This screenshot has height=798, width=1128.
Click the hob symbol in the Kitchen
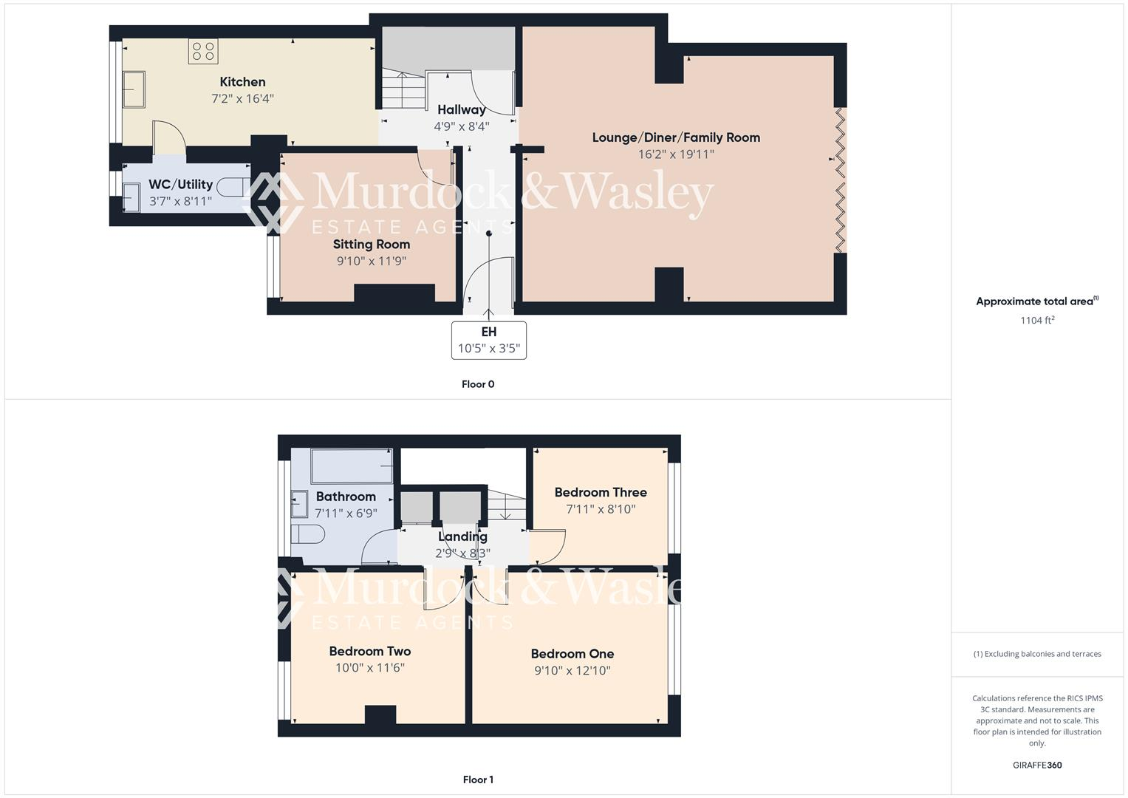[x=203, y=51]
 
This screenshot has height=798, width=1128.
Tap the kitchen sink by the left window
[x=134, y=89]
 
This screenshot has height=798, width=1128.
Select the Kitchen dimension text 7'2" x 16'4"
[x=242, y=98]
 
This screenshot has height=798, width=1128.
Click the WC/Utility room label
[x=180, y=184]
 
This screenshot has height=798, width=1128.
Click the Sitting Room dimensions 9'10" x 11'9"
[x=372, y=261]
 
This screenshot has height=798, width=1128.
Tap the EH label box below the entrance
[x=488, y=341]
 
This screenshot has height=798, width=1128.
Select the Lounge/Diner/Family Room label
[x=676, y=137]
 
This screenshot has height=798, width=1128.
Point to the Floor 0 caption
[x=478, y=384]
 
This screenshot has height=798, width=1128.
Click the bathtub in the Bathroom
[x=352, y=466]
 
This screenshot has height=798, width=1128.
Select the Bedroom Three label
[x=601, y=492]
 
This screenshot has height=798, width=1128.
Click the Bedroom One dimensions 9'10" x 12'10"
[x=572, y=671]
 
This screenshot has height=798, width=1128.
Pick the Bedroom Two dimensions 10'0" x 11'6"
[x=370, y=668]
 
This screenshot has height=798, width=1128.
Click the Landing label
[x=462, y=537]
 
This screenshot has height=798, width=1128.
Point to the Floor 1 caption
[x=478, y=780]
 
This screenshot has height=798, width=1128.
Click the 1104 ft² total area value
[x=1036, y=320]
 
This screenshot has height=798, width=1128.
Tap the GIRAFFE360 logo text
[x=1036, y=765]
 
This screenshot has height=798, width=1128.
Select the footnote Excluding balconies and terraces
[x=1036, y=654]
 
